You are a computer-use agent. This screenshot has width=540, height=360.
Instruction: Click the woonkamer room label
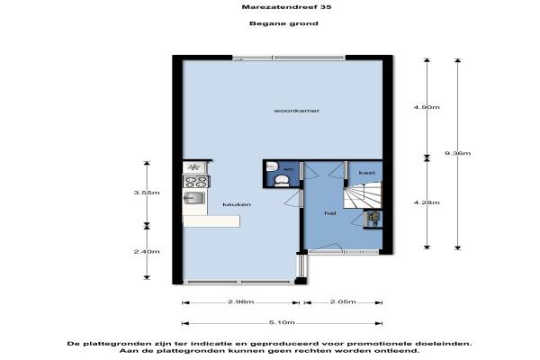point(296,111)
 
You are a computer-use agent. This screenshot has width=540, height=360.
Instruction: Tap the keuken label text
point(237,204)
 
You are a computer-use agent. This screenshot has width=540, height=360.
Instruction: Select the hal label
point(330,213)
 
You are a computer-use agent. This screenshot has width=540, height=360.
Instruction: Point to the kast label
point(366,173)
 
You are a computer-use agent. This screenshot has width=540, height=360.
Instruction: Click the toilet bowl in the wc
point(282,181)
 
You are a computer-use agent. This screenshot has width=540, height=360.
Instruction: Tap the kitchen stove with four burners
point(195,181)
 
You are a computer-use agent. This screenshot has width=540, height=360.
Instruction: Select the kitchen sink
point(193,198)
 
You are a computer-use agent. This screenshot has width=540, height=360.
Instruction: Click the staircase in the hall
point(363,195)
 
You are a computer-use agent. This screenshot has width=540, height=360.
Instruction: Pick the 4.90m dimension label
point(427,107)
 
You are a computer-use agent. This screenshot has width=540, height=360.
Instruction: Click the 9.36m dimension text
point(457,153)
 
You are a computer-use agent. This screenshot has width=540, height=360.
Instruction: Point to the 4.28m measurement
point(427,202)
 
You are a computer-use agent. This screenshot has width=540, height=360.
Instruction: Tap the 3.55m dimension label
point(147,193)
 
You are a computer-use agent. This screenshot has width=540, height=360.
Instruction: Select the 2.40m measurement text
point(147,251)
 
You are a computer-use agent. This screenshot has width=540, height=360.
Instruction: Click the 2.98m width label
point(240,301)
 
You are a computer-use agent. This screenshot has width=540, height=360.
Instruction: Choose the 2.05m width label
point(343,301)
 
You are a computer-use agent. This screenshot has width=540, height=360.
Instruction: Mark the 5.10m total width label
point(282,323)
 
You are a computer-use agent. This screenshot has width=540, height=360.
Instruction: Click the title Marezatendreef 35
point(286,7)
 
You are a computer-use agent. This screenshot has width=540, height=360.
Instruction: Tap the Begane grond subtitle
point(283,23)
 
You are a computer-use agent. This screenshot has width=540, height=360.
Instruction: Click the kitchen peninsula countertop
point(211,221)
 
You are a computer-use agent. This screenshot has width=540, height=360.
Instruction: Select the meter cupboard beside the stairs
point(373,219)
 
